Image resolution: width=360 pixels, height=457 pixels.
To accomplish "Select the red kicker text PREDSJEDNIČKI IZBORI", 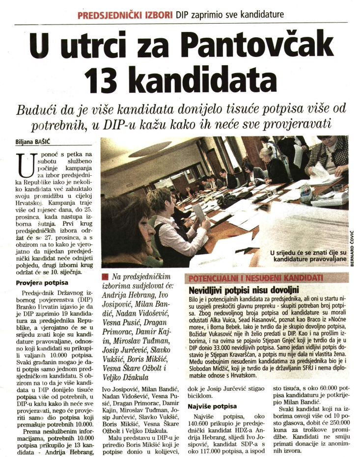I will (x=125, y=15).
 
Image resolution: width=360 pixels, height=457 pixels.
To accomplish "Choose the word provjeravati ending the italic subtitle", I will (x=290, y=123).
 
